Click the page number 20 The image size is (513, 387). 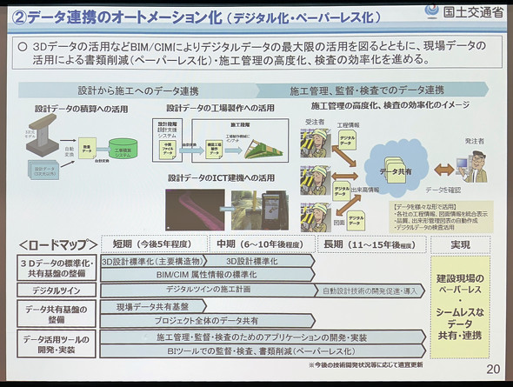point(493,370)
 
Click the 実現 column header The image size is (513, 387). point(461,244)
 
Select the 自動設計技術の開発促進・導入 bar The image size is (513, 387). point(375,290)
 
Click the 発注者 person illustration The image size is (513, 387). point(476,163)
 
